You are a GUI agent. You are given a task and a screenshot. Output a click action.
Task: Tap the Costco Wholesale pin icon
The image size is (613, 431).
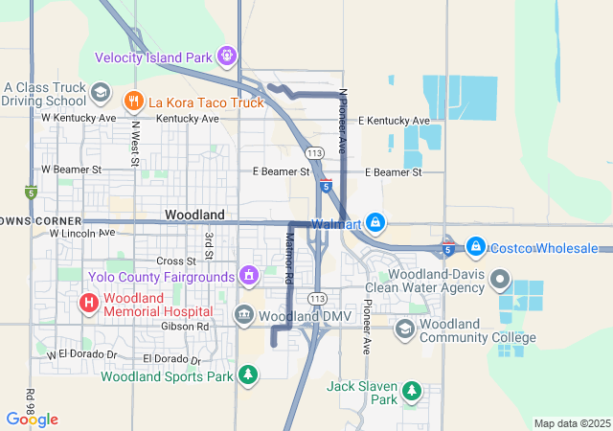point(475,247)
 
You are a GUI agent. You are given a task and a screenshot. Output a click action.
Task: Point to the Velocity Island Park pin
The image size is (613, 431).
point(226,57)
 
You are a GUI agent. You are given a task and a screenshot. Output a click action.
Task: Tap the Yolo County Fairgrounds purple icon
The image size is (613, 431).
point(249,277)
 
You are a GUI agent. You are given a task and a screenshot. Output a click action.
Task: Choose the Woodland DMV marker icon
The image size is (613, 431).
point(244,315)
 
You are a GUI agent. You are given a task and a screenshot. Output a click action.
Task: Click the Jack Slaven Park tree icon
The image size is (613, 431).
point(411,390)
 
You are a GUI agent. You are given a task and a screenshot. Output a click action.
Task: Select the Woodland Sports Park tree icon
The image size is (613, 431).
point(248,374)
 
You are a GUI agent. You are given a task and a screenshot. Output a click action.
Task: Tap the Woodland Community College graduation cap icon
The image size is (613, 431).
point(405,329)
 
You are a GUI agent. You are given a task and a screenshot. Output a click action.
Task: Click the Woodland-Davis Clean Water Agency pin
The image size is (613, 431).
point(499,281)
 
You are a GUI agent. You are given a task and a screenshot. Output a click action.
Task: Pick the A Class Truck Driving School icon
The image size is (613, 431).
point(99,92)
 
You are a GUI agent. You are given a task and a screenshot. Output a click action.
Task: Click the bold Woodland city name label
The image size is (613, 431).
point(194,215)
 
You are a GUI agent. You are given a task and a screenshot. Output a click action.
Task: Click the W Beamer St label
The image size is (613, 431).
point(70,170)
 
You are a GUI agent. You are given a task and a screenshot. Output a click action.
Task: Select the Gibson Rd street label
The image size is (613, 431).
point(191,327)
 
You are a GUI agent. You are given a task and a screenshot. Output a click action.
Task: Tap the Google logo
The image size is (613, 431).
point(32,420)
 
